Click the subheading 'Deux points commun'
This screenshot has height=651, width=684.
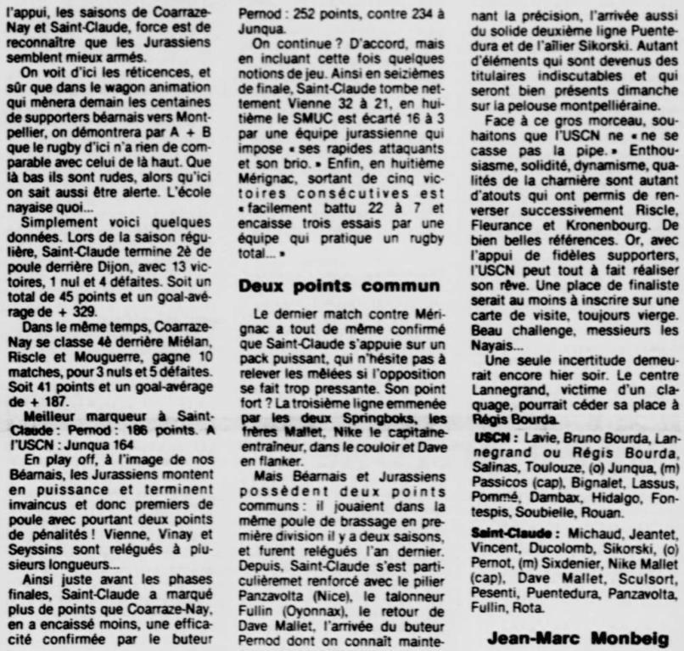click(339, 286)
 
